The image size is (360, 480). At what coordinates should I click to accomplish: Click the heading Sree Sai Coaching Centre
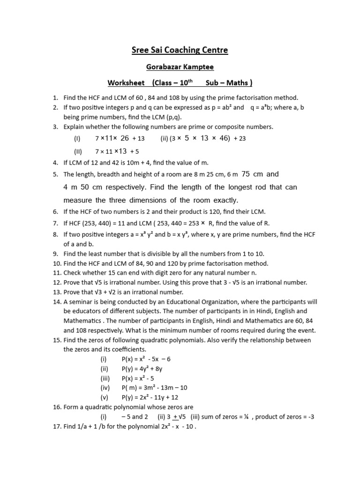pos(180,50)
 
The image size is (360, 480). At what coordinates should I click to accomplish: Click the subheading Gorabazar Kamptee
pos(180,67)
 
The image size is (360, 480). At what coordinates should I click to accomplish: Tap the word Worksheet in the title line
pos(126,83)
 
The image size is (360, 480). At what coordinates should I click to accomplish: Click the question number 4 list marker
pos(55,163)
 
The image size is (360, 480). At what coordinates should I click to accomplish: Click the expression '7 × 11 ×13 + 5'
pos(117,151)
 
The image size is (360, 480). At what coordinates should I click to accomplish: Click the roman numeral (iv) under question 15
pos(105,388)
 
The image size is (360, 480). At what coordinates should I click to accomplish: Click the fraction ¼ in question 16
pos(246,417)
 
